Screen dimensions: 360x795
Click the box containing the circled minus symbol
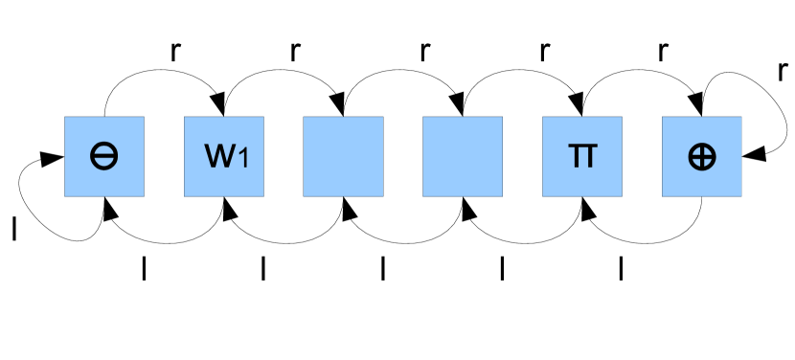[104, 156]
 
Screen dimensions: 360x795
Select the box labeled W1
[224, 156]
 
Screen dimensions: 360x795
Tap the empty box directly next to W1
[343, 156]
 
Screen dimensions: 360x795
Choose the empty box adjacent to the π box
[463, 156]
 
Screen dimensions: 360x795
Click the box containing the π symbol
[582, 156]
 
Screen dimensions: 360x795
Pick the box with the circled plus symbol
[702, 156]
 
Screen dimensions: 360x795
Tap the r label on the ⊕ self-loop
[783, 70]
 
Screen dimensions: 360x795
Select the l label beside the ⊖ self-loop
[13, 228]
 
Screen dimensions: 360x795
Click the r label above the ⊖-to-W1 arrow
[175, 51]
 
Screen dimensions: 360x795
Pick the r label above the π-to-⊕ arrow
[662, 51]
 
